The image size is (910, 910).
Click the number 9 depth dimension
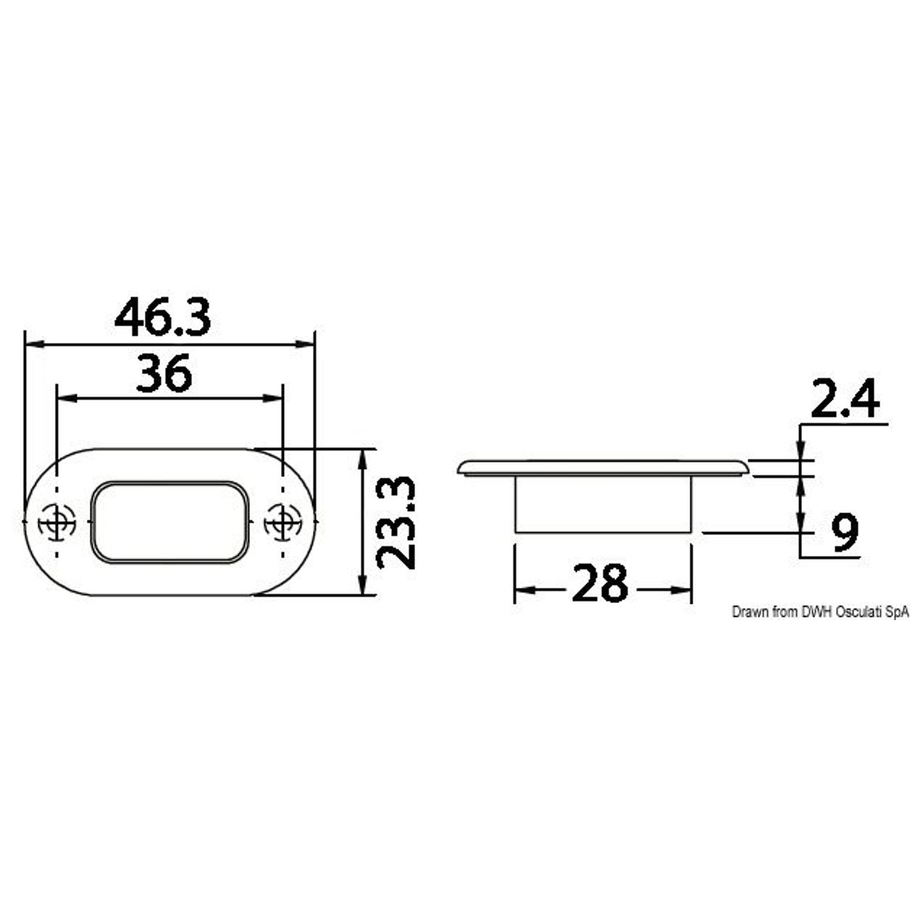(x=845, y=532)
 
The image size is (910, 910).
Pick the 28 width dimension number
(x=599, y=583)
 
